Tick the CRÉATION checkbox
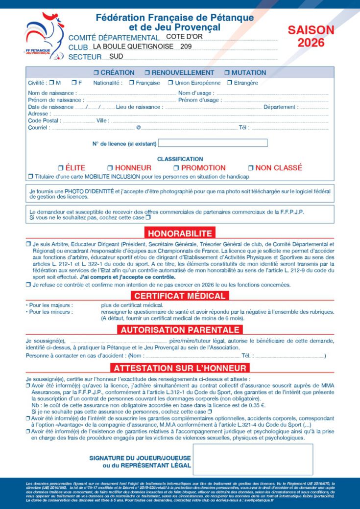96,72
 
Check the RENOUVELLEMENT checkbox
147,72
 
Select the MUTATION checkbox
227,72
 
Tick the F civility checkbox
73,83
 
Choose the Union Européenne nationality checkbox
170,83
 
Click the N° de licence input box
213,143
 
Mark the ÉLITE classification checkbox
61,168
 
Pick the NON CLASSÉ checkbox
250,168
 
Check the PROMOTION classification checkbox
176,168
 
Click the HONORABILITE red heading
180,233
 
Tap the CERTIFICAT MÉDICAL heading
180,296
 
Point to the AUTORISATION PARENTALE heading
180,330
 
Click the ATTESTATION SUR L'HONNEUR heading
180,368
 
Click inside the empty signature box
252,459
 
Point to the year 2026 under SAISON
311,43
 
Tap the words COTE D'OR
185,36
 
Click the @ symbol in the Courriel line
138,128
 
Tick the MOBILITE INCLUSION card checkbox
30,176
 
